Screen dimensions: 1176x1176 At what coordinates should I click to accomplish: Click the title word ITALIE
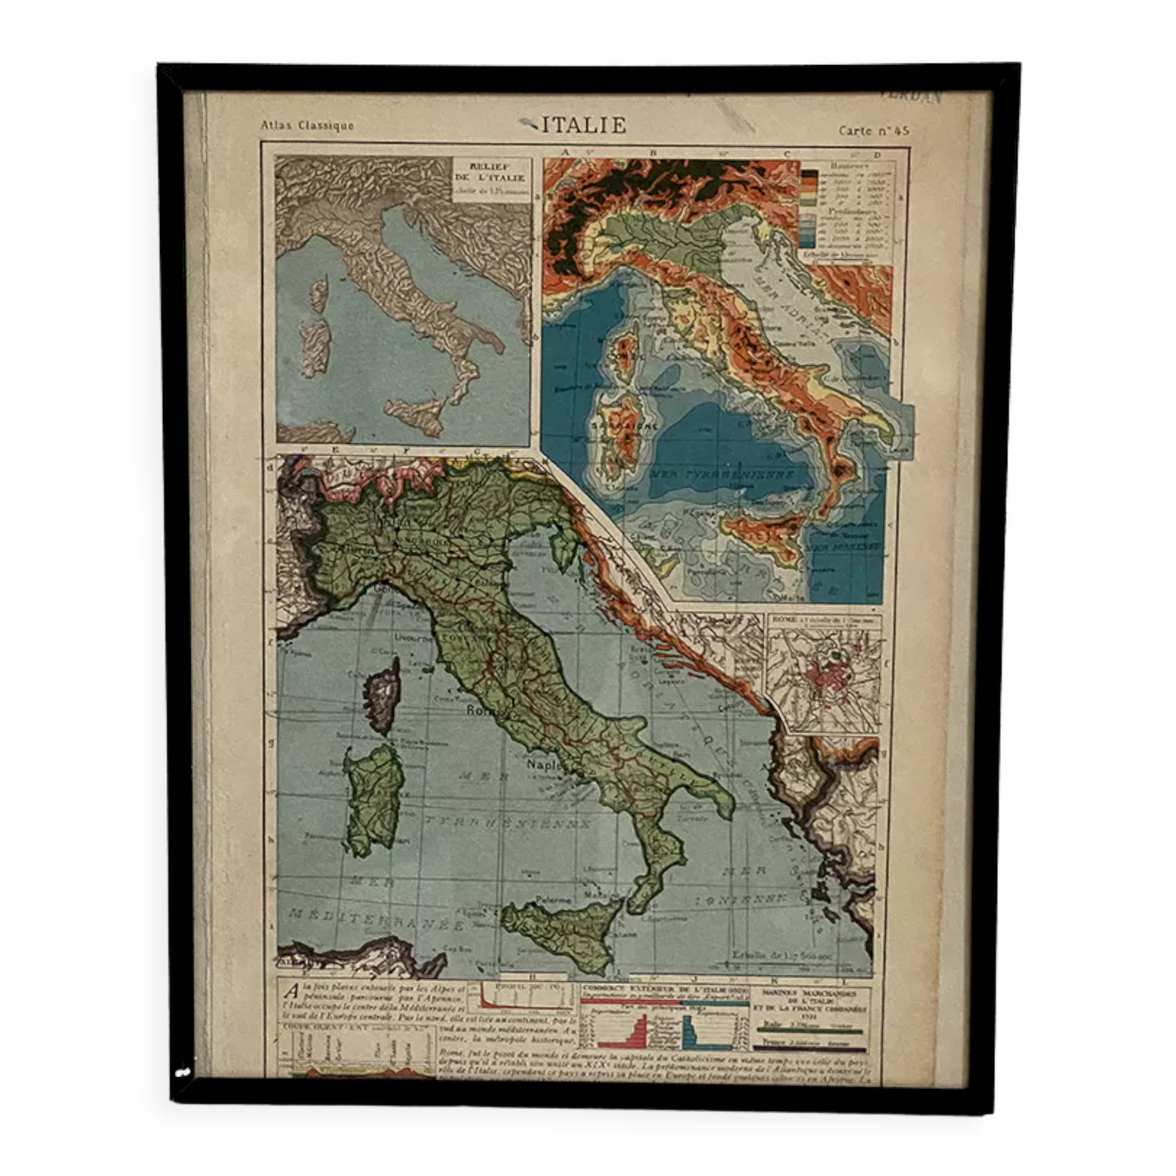click(x=583, y=125)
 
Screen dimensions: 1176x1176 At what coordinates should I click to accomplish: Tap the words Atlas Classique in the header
click(x=307, y=126)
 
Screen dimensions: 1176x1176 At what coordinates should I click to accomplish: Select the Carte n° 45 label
click(x=874, y=131)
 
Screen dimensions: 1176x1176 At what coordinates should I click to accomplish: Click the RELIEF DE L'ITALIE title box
click(x=491, y=178)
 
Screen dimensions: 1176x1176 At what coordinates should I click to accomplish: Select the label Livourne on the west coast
click(x=413, y=640)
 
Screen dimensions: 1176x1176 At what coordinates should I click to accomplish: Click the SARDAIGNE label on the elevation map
click(x=621, y=426)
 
